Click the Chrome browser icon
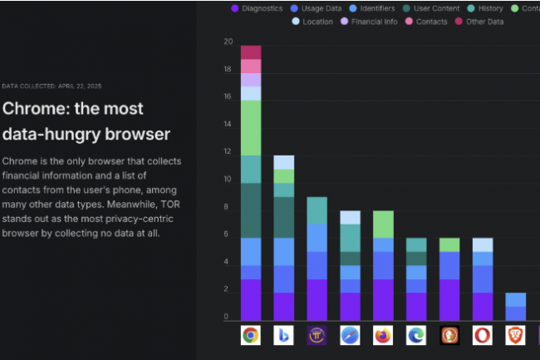point(250,335)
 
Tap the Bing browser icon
point(284,335)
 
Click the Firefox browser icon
point(383,335)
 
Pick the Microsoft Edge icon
point(416,335)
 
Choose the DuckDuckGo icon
point(449,335)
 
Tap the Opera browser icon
point(483,335)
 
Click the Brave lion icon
point(516,335)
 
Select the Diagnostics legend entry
point(257,8)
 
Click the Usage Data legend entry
point(316,8)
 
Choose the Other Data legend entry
point(479,22)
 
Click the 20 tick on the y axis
point(228,42)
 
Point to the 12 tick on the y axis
point(228,151)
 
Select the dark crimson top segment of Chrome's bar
point(251,52)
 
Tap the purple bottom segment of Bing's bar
point(284,306)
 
